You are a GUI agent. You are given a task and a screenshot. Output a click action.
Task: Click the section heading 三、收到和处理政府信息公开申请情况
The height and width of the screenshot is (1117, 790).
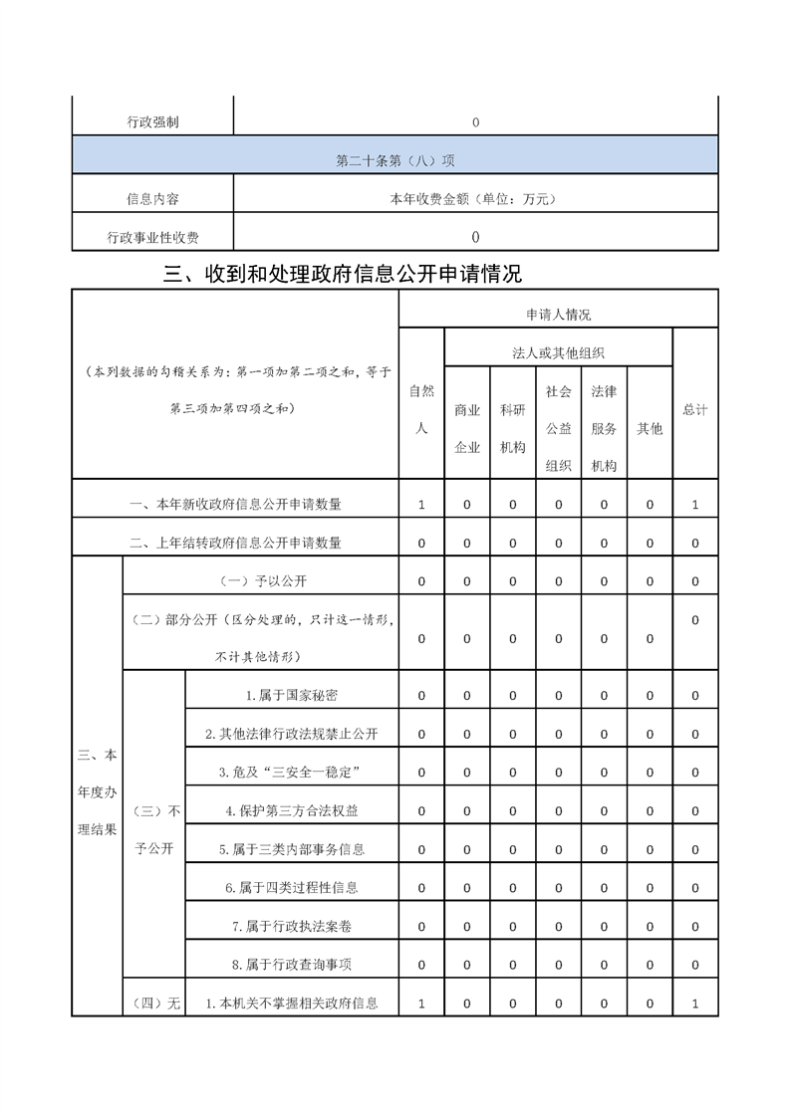(x=343, y=274)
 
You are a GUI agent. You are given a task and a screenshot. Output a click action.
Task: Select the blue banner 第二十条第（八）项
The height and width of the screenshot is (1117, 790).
(x=395, y=159)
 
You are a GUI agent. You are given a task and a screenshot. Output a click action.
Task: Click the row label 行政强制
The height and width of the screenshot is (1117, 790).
(x=153, y=122)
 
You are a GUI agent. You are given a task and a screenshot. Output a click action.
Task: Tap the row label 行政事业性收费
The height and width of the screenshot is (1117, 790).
(x=153, y=237)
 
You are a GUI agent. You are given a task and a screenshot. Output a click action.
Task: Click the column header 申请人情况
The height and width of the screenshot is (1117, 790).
(x=558, y=315)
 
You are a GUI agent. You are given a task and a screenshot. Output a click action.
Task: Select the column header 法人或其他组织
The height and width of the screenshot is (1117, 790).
(x=558, y=352)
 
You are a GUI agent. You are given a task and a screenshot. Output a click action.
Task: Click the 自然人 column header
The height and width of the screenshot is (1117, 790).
(x=421, y=408)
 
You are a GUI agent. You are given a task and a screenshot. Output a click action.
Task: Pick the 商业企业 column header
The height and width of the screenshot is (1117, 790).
(x=467, y=428)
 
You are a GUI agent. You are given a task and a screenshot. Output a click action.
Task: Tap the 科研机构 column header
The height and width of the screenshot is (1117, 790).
(x=512, y=428)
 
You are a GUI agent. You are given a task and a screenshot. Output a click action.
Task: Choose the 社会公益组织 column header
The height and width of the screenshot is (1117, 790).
(x=558, y=428)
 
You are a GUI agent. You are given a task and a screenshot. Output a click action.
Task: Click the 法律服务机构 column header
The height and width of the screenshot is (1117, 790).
(x=604, y=428)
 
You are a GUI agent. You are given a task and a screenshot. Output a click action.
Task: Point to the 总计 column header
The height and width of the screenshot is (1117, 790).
(x=695, y=409)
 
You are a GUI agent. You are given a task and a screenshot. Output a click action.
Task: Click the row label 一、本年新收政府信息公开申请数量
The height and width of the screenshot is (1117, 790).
(x=236, y=505)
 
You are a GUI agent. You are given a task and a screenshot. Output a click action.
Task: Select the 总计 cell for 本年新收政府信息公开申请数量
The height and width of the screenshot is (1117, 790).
(x=695, y=505)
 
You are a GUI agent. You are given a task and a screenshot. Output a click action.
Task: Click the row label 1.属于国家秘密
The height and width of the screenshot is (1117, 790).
(x=292, y=695)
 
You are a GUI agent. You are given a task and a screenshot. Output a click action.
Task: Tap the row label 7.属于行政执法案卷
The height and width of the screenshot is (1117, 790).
(x=292, y=926)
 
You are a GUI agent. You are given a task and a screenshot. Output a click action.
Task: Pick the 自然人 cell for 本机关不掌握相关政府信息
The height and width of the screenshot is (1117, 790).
(x=421, y=1004)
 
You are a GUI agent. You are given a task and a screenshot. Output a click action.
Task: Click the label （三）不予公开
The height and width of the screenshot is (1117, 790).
(x=153, y=829)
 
